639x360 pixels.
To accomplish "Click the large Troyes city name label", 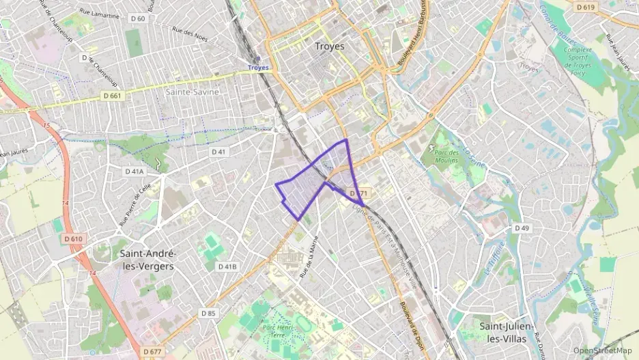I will (x=330, y=46).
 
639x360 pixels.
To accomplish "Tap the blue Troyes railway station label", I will (x=258, y=68).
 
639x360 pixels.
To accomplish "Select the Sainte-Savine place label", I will (x=192, y=91).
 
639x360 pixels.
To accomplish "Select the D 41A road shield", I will (x=134, y=171).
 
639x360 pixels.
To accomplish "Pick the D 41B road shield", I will (x=227, y=266).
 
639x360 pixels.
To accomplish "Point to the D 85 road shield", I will (x=208, y=313).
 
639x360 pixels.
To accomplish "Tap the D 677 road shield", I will (x=153, y=351).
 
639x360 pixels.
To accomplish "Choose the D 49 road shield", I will (x=522, y=227).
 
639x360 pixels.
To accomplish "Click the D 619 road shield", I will (x=585, y=7).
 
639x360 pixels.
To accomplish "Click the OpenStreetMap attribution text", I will (x=603, y=350).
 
